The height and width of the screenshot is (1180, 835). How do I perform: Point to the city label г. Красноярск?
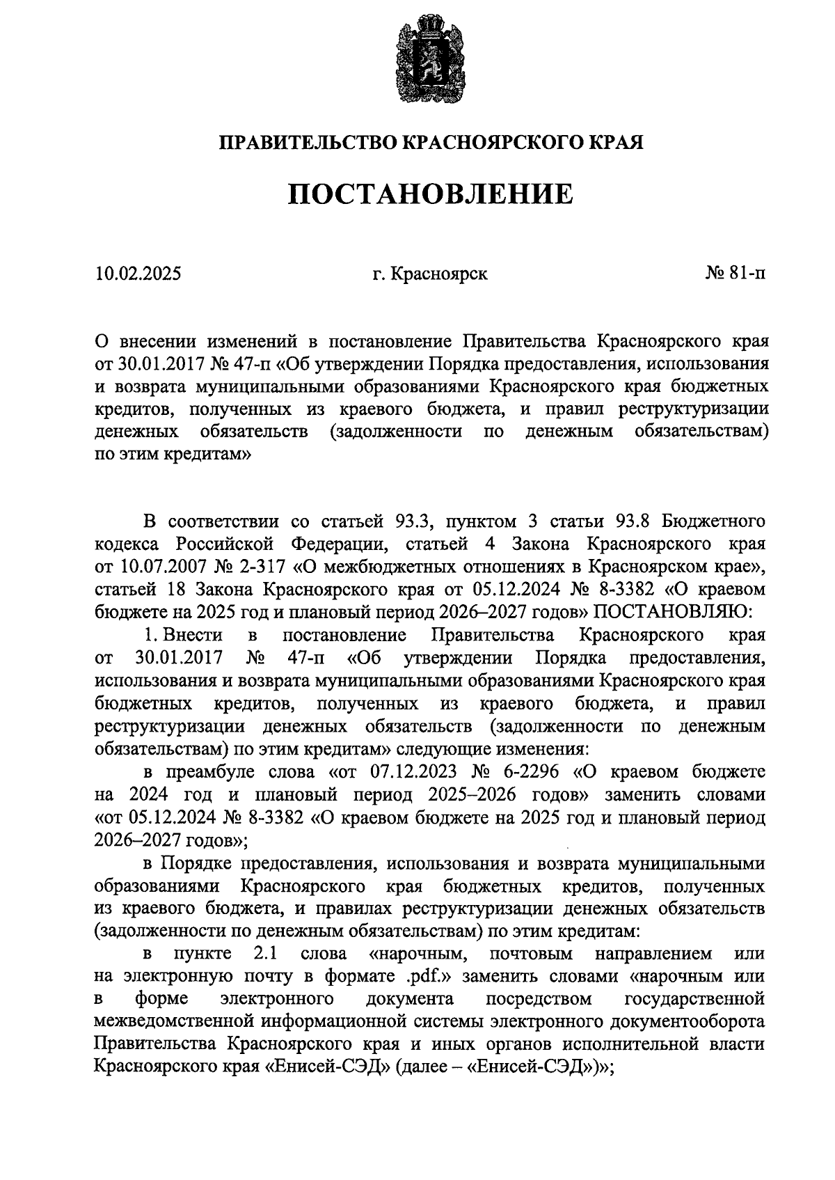click(x=429, y=274)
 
